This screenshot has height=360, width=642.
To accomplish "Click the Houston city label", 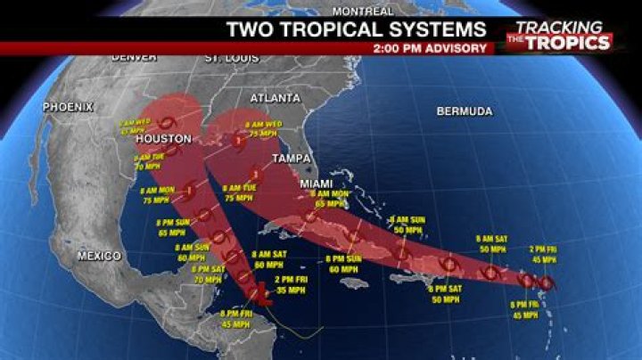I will coord(163,139).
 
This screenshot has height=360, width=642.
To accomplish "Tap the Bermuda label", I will coord(464,111).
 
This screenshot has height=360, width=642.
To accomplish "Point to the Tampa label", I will coord(291,158).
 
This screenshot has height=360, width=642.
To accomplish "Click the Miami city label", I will coord(317,184).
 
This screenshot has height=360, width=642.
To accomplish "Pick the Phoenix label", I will coord(69,107).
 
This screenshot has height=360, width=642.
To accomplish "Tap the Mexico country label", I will coord(99,256).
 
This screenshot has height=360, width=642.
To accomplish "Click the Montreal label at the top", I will coord(363,11).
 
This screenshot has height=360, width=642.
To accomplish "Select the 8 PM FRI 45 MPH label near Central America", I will coord(236,318).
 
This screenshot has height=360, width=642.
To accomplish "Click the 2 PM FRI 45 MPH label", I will coord(542,253).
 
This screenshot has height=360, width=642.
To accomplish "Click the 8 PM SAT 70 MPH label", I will coord(208,274).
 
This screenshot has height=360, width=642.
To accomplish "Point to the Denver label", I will coord(134,57).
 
